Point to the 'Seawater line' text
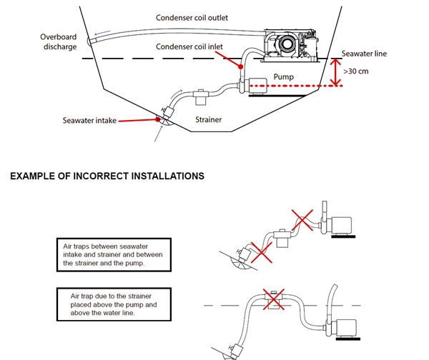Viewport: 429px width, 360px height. tap(365, 54)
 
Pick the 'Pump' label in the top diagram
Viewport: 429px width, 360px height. tap(283, 76)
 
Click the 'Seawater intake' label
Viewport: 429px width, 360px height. tap(89, 121)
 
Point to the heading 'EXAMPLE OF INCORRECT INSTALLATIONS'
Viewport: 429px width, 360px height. tap(107, 176)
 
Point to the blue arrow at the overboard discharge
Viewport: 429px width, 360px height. tap(102, 33)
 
